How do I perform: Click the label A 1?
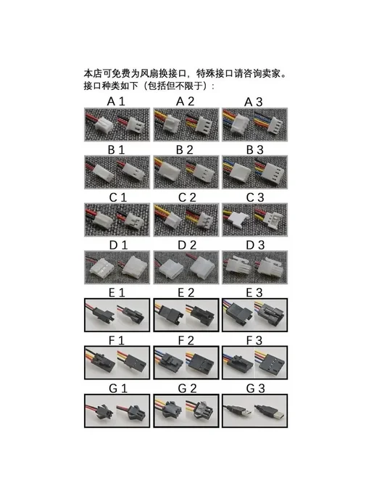[116, 102]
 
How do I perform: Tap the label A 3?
[254, 102]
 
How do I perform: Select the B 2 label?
[185, 150]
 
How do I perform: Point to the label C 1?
[118, 197]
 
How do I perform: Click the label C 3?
[255, 197]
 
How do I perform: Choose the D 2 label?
[187, 245]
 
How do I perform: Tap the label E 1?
[117, 293]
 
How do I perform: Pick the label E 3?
[254, 293]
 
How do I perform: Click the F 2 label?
[186, 341]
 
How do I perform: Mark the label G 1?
[118, 389]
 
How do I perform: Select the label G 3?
[255, 389]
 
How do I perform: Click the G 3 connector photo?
[254, 411]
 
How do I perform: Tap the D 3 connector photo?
[254, 268]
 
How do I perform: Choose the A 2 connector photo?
[186, 125]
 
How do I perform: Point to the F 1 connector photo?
[117, 363]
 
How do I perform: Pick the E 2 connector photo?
[186, 315]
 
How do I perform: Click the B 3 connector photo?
[254, 172]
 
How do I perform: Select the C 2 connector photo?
[186, 220]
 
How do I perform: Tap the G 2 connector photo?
[186, 411]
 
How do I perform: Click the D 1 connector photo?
[117, 268]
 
